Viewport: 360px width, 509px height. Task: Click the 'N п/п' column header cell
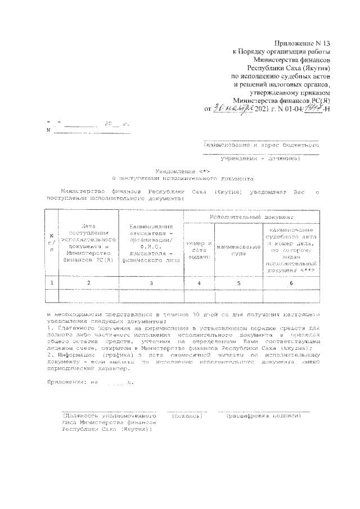point(51,242)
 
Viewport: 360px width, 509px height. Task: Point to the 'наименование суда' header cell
point(238,250)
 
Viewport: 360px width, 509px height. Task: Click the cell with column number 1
point(51,282)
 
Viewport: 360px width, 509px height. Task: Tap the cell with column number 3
point(151,282)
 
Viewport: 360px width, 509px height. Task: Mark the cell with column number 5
point(238,282)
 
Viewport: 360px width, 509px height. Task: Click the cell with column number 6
point(291,282)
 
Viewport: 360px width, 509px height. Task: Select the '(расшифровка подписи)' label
point(264,417)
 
